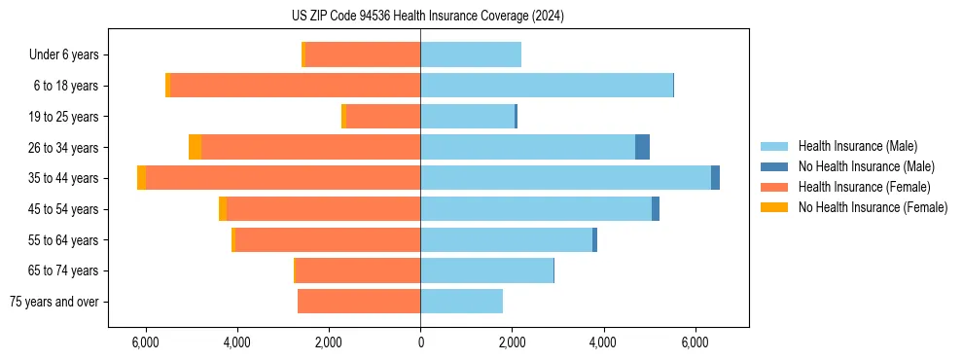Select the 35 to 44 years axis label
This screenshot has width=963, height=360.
coord(63,178)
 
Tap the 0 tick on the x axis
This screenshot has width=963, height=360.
coord(420,342)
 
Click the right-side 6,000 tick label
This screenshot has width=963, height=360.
coord(695,342)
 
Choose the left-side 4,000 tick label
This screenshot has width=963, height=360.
coord(236,342)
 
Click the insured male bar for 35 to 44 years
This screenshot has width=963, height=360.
coord(565,178)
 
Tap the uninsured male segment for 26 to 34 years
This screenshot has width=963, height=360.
coord(642,148)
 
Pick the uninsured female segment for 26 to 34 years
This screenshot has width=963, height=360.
coord(195,148)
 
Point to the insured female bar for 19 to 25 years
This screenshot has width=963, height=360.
coord(383,117)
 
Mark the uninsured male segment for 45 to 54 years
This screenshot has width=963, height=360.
coord(656,209)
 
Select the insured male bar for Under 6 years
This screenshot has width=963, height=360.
coord(471,55)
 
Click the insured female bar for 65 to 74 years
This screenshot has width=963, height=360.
coord(358,270)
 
